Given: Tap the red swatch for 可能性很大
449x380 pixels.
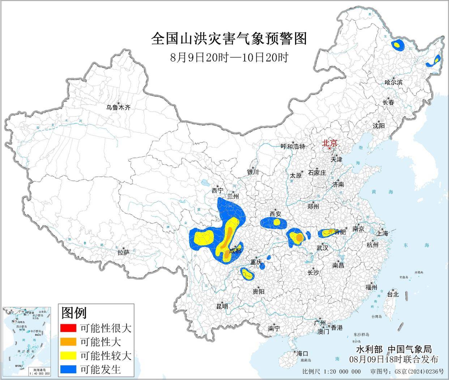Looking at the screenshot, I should [69, 328].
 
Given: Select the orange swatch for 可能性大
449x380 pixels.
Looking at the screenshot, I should [69, 342].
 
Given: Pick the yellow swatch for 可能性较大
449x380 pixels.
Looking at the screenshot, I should [69, 355].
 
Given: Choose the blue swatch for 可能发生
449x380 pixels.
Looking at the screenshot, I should [69, 369].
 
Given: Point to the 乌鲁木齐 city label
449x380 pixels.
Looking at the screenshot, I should [118, 107].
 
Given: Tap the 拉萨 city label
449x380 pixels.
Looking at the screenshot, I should [123, 252].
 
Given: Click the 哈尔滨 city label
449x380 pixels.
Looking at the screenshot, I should [394, 82].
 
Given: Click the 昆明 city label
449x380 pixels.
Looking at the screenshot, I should [222, 306].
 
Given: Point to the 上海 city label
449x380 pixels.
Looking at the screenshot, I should [382, 233].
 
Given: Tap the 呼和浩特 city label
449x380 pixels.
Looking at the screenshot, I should [293, 147].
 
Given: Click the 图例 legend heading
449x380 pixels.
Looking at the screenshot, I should [74, 312].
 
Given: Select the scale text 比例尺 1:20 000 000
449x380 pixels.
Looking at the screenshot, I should [331, 372].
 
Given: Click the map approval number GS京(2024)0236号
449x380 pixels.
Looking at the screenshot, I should [409, 372].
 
